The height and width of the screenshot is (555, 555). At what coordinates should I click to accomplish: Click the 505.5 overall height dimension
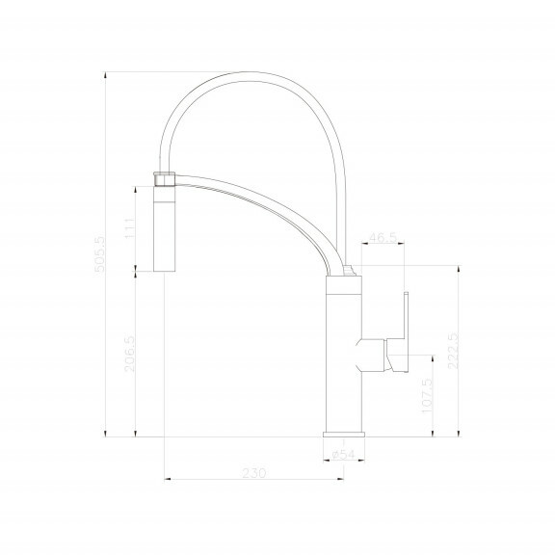99,254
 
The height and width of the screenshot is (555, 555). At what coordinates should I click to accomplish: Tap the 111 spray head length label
130,228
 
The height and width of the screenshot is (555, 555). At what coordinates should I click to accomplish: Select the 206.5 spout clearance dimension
129,354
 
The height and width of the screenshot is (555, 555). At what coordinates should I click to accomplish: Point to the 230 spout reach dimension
254,473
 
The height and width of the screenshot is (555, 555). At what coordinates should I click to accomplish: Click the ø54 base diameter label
343,454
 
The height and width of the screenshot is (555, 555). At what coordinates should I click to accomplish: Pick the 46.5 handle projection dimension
383,237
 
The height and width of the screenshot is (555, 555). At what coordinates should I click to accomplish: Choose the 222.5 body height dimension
453,351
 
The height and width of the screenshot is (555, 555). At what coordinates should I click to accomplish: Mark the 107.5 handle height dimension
427,395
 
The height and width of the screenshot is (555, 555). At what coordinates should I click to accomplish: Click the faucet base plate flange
344,435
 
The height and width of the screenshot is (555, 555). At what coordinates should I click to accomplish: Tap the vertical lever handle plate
406,332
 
